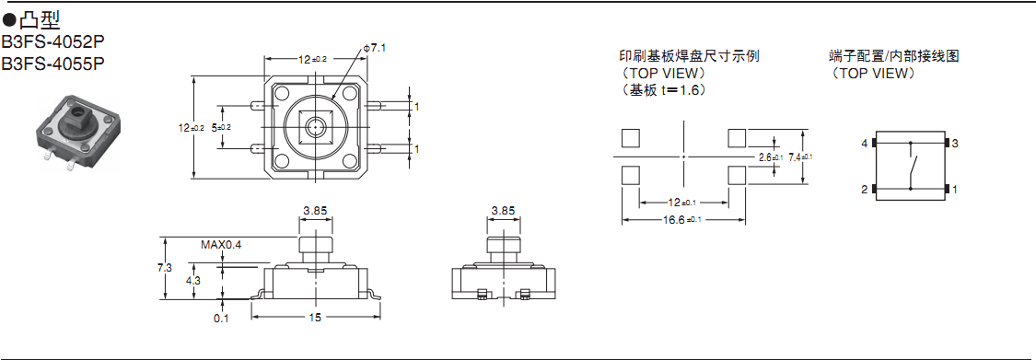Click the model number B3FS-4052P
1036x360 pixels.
click(x=52, y=41)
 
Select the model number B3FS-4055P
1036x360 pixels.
click(x=52, y=64)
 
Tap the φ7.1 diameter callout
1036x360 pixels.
click(x=374, y=48)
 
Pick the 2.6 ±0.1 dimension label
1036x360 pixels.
click(x=771, y=157)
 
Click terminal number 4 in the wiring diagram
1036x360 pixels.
click(x=864, y=144)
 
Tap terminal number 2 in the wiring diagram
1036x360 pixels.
click(x=864, y=190)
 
